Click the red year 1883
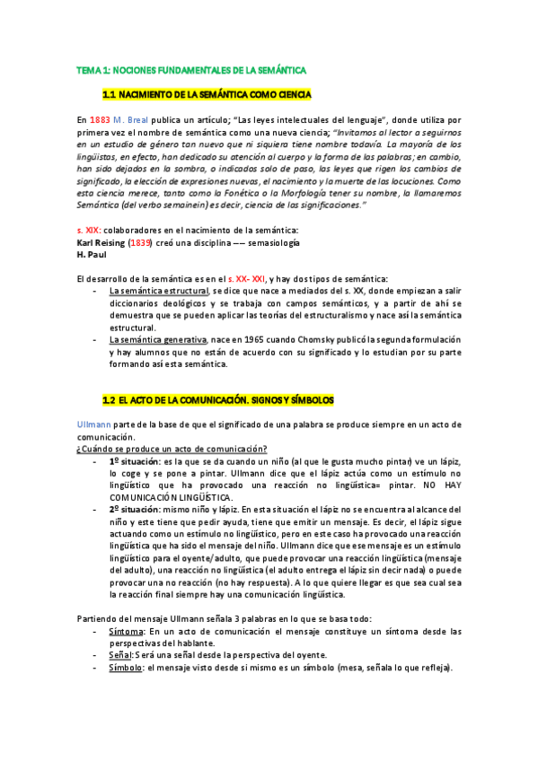(101, 119)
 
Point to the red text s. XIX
(91, 231)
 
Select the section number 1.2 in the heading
(111, 398)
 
